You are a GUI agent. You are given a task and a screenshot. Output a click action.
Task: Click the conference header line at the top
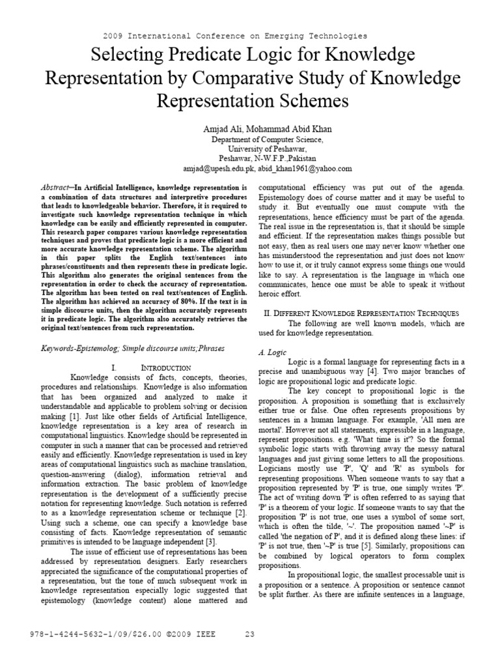[235, 36]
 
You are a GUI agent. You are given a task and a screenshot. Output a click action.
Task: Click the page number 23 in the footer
[250, 634]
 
